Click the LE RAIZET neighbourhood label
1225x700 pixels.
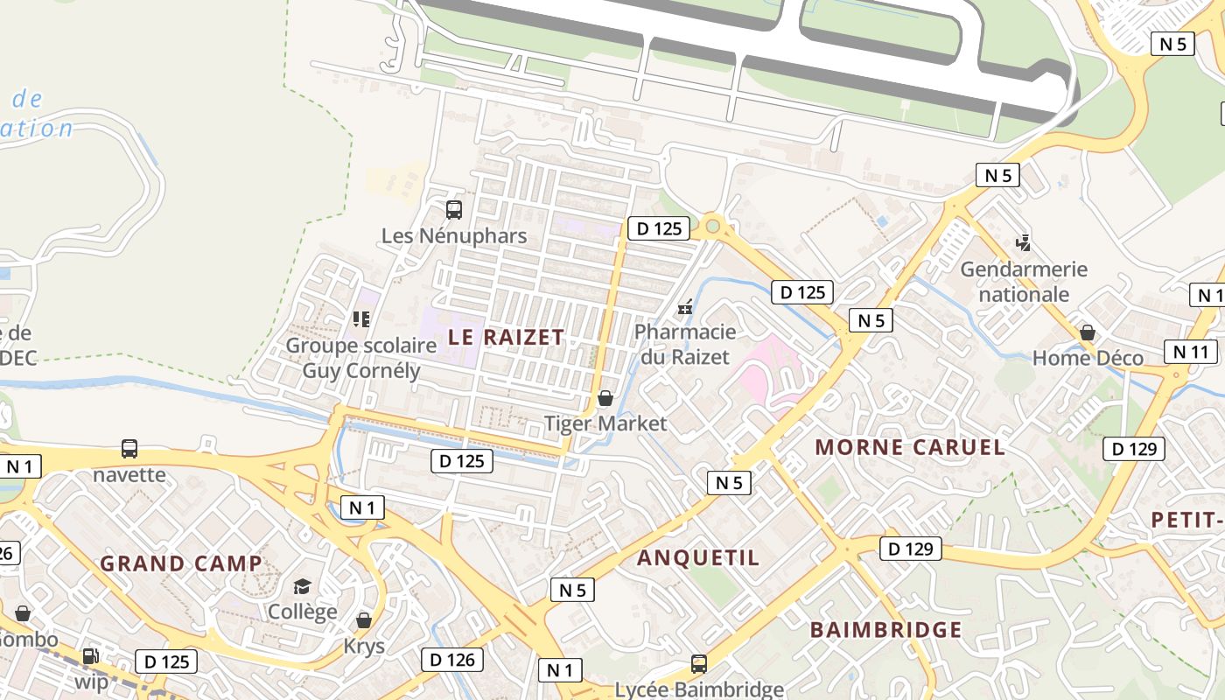506,337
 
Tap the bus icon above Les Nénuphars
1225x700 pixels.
453,210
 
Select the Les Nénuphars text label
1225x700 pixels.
454,236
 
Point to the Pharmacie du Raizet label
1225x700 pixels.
684,344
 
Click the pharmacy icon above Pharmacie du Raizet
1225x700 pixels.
685,307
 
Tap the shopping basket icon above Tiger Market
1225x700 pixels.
605,399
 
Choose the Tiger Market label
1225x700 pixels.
605,424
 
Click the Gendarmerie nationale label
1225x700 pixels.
1024,282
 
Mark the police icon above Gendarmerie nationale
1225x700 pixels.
1023,242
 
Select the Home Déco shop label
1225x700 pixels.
1088,358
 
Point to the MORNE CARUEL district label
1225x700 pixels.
910,447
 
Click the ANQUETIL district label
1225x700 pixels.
698,558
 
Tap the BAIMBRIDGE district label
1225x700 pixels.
885,630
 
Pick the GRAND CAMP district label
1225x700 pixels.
181,563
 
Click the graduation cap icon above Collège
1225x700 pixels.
302,586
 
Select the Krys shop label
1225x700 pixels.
363,647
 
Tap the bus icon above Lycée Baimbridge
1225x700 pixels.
698,664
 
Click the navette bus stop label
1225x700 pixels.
129,475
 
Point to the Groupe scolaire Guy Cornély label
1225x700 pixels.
361,358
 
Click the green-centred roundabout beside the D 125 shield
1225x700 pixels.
712,227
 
